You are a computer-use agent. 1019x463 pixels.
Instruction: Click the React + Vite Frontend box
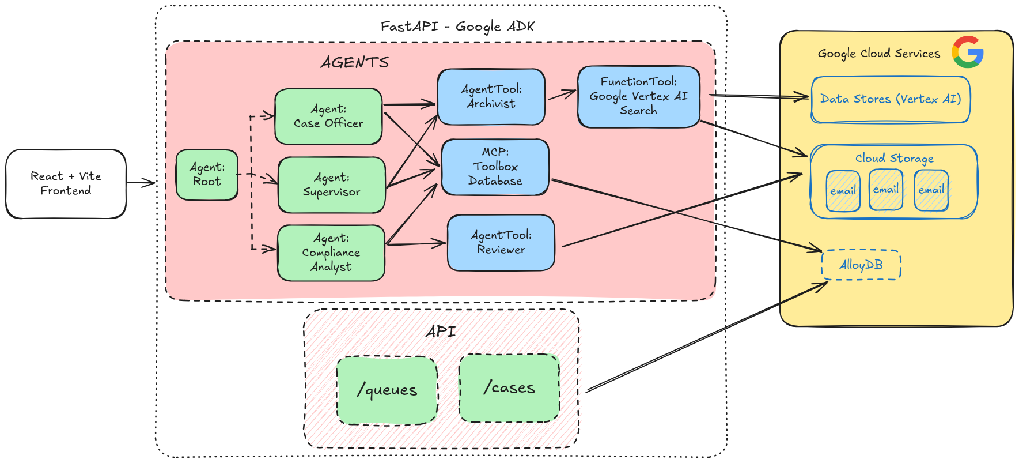click(x=66, y=183)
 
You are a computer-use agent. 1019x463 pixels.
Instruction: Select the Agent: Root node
click(x=207, y=175)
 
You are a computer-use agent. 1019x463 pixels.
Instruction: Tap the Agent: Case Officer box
click(x=328, y=116)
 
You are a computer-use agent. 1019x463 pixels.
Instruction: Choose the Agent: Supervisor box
click(x=331, y=185)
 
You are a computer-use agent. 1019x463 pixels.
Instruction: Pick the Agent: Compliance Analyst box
click(x=331, y=253)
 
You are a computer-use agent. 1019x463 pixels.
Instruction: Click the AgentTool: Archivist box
click(x=491, y=97)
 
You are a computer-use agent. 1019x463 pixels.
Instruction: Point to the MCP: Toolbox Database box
click(x=495, y=167)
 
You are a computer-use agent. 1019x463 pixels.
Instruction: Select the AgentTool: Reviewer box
click(x=501, y=242)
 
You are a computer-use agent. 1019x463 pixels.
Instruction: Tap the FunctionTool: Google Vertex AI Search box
click(x=638, y=96)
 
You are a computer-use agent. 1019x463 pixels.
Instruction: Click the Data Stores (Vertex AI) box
click(x=890, y=99)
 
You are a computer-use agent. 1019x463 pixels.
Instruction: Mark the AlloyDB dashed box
click(x=861, y=265)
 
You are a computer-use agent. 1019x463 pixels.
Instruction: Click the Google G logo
click(x=968, y=52)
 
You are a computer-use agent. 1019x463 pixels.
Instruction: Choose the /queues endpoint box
click(x=387, y=390)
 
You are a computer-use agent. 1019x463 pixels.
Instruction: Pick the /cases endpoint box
click(x=509, y=388)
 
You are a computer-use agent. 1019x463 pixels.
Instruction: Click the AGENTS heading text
click(x=355, y=62)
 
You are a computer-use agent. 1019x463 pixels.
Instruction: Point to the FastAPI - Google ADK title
click(x=457, y=27)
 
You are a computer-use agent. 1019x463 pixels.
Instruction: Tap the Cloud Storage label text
click(x=894, y=158)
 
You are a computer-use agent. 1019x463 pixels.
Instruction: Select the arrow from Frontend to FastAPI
click(x=141, y=183)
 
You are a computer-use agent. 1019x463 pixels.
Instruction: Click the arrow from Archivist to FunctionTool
click(x=561, y=95)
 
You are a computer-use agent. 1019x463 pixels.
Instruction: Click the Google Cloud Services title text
click(x=878, y=54)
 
